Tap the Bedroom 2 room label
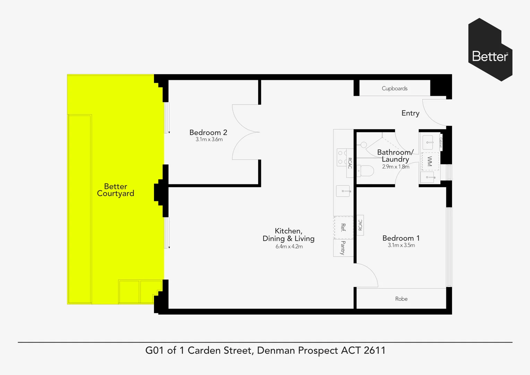coord(208,132)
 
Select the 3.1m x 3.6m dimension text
coord(209,140)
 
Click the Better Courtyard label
coord(116,190)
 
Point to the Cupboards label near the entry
coord(394,89)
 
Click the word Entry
coord(410,113)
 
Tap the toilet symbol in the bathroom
coord(366,170)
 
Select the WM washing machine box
coord(430,161)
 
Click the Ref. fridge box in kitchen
coord(343,227)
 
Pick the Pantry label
coord(343,248)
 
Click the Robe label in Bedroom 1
coord(401,299)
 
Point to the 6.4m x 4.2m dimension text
coord(289,247)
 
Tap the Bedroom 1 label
coord(401,238)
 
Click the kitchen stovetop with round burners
coord(341,157)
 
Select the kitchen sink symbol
coord(343,191)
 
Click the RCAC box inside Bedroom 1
coord(360,225)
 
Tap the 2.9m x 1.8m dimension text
coord(395,167)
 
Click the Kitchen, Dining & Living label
coord(288,235)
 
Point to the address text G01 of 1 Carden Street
coord(265,350)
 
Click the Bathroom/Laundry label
coord(395,156)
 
